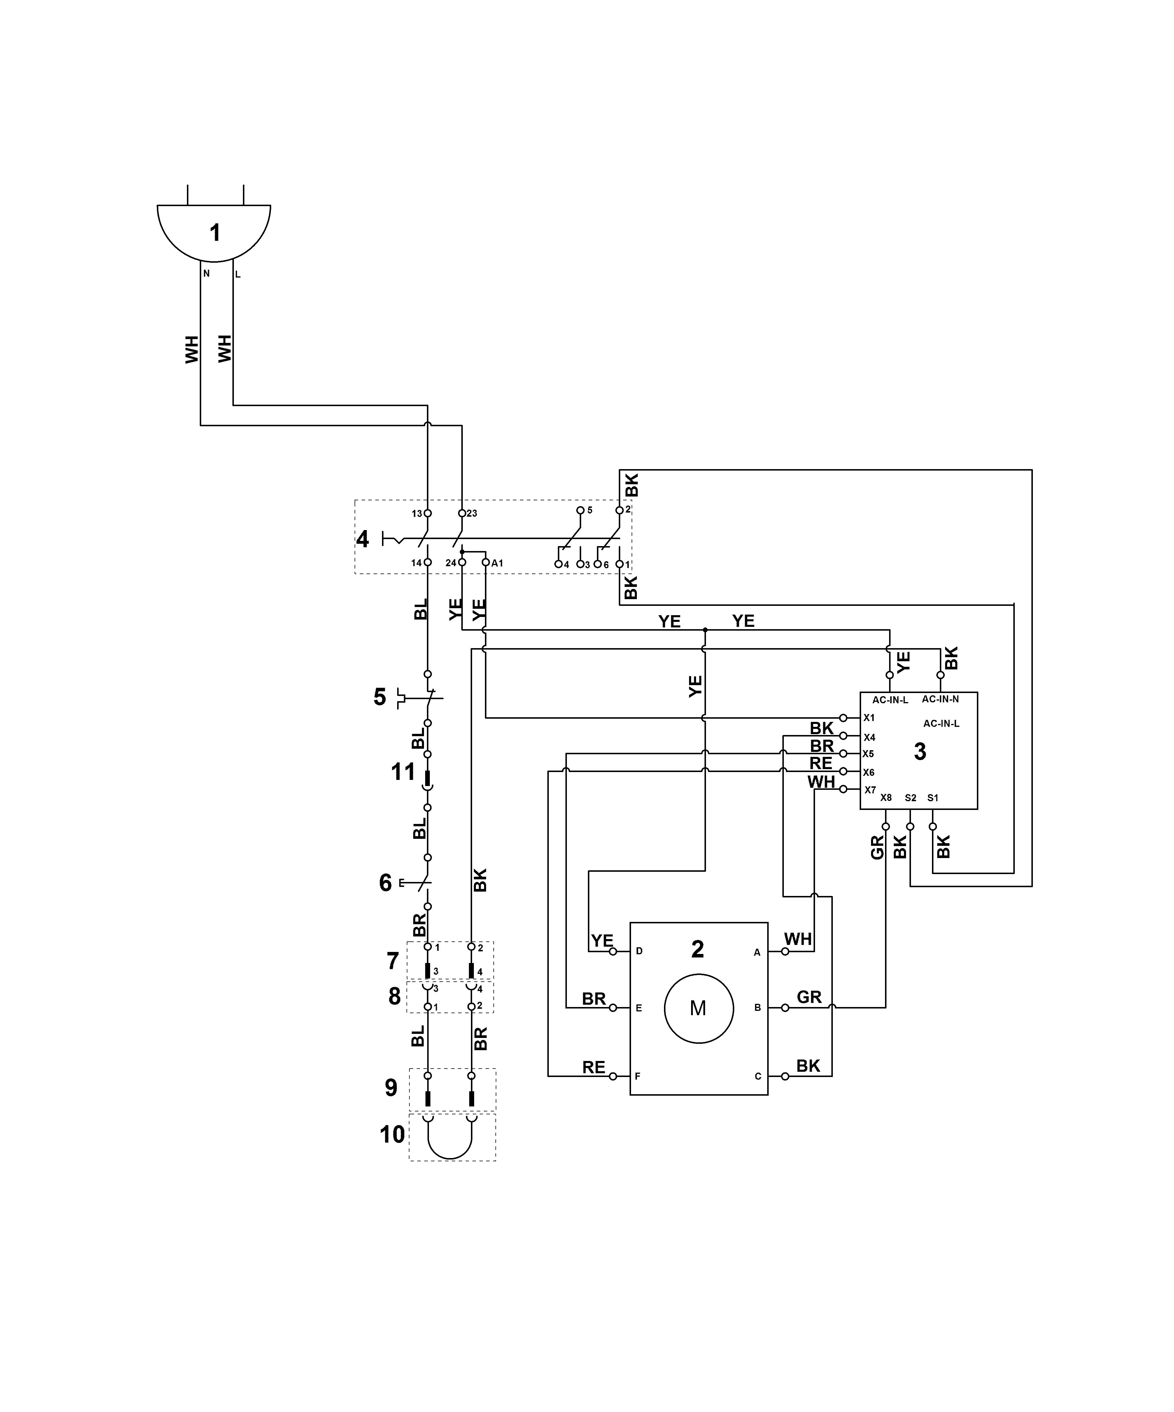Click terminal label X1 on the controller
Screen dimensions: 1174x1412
(x=869, y=718)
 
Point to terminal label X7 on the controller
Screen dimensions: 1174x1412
(x=870, y=790)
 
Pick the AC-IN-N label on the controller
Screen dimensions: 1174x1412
(x=940, y=699)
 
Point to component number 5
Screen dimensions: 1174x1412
(x=380, y=697)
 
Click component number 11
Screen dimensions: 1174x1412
(x=403, y=772)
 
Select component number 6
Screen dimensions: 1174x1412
(x=385, y=883)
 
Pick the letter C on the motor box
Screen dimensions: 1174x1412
(x=758, y=1076)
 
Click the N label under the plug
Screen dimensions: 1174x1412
(x=206, y=274)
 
